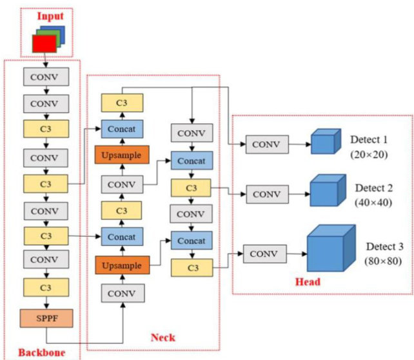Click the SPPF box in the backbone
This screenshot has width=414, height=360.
46,318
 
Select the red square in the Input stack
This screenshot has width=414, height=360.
44,44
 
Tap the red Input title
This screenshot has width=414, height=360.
50,16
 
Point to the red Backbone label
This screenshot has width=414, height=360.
42,353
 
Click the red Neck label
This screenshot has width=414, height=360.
163,337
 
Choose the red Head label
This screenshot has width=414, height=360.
308,282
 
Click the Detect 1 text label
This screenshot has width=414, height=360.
369,139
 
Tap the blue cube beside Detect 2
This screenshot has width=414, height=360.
328,190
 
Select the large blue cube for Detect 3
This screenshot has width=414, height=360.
331,248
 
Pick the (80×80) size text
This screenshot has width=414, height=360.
383,261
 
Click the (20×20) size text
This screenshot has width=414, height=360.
369,154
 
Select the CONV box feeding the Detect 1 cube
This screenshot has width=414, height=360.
267,145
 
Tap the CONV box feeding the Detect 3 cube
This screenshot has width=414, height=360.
265,254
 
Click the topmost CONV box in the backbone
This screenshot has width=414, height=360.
46,77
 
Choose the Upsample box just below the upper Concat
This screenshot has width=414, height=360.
122,155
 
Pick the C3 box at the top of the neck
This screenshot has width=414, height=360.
123,103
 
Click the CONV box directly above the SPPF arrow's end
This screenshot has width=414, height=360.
123,293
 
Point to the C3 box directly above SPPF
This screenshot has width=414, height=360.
46,287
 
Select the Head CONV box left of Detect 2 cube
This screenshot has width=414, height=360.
268,194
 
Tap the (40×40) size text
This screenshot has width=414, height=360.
373,203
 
